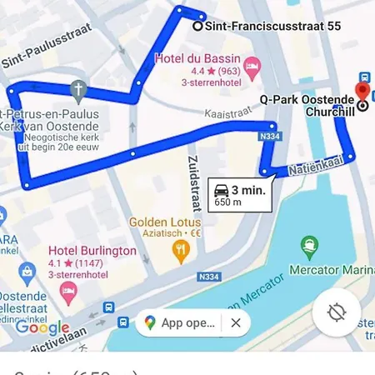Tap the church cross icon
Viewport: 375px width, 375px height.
[78, 88]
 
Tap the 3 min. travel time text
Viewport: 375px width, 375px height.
[247, 188]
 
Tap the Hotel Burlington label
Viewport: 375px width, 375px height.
[92, 251]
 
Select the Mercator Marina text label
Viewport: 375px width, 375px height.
[330, 270]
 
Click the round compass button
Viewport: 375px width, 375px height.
[337, 313]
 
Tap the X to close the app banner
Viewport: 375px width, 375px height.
[236, 322]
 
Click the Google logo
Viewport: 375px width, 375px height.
[42, 328]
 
